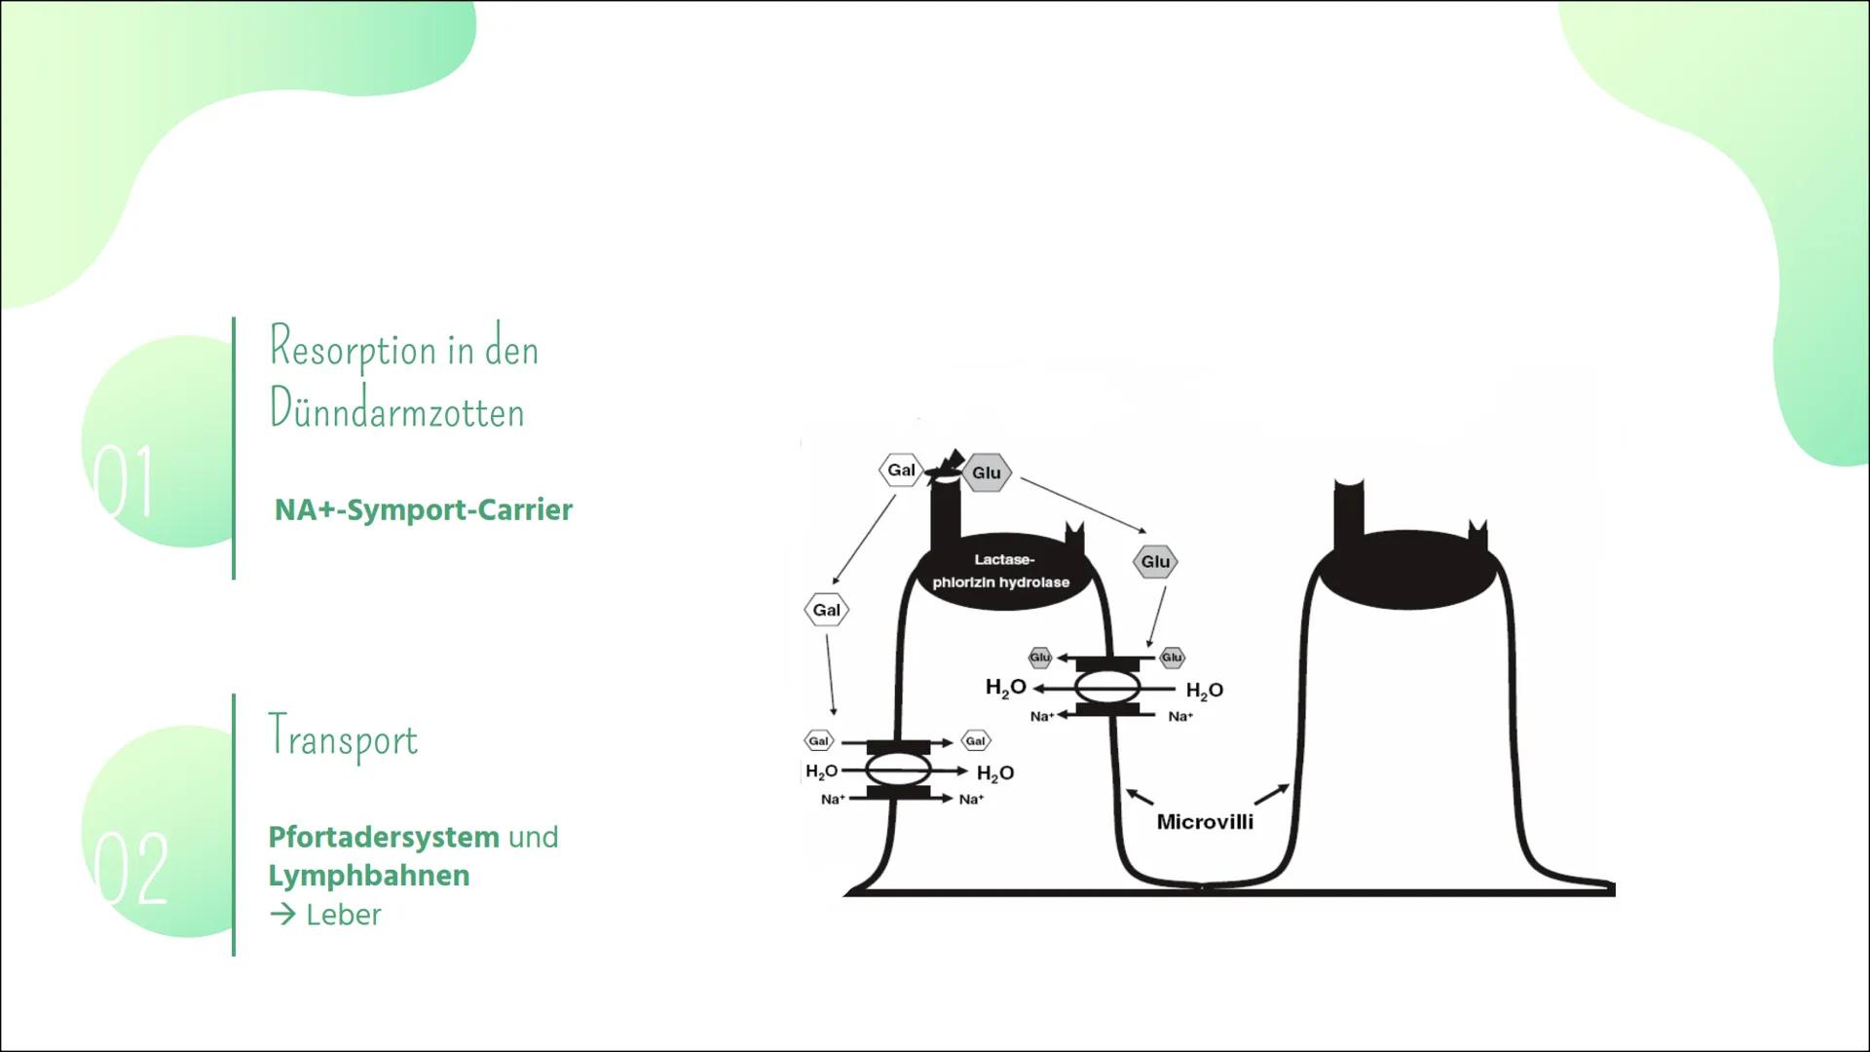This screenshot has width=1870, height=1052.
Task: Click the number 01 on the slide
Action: coord(124,481)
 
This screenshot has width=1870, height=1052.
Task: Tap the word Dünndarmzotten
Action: coord(396,410)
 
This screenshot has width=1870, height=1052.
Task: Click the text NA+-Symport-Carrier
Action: coord(423,509)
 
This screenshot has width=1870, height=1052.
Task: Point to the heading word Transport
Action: coord(343,738)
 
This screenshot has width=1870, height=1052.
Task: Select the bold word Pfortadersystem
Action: coord(384,837)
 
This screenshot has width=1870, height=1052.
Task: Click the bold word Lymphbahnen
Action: coord(368,876)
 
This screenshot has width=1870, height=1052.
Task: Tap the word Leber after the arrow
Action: coord(343,915)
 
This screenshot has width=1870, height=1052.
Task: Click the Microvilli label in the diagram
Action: coord(1205,821)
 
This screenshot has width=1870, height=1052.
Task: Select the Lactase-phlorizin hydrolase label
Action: coord(1001,571)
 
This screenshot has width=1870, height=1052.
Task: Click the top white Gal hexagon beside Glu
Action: coord(901,470)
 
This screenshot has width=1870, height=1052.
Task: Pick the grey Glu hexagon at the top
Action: coord(987,473)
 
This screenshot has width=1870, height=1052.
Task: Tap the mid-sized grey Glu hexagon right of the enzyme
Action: coord(1155,561)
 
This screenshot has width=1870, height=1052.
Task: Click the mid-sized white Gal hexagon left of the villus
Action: coord(826,610)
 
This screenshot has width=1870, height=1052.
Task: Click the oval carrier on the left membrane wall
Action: coord(898,770)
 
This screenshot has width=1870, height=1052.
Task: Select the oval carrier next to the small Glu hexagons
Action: coord(1107,688)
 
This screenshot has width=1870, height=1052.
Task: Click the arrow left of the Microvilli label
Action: coord(1139,796)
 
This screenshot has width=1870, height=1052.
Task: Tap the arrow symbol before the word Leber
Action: coord(282,915)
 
